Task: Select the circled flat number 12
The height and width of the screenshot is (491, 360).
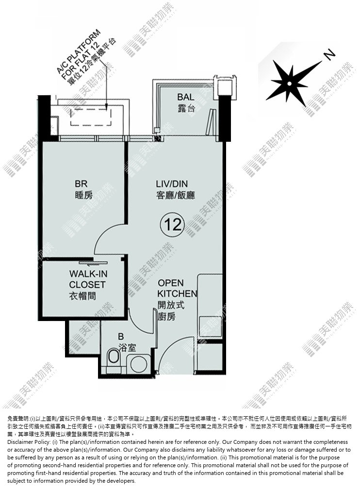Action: tap(172, 224)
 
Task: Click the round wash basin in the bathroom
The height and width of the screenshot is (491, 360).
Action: tap(139, 364)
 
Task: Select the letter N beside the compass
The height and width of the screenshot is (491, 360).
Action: tap(329, 55)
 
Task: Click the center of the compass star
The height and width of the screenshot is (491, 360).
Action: tap(290, 84)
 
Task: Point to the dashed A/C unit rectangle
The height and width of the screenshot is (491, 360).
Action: tap(91, 117)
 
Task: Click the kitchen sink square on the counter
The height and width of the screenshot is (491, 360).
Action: tap(210, 326)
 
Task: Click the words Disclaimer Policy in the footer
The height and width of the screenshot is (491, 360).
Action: tap(28, 442)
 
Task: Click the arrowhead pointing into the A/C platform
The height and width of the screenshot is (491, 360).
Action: tap(107, 107)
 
